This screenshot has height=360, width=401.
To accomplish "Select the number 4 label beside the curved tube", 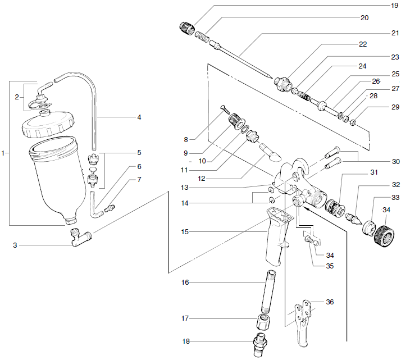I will click(x=139, y=117).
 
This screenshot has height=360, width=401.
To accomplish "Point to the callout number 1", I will click(x=4, y=152).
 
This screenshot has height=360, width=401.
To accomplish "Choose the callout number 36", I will click(x=329, y=302).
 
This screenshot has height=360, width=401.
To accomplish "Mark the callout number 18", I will click(x=185, y=341).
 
